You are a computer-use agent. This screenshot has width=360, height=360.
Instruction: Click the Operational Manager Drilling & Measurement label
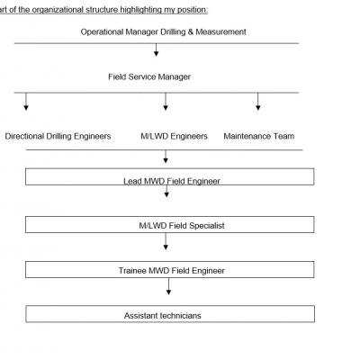pos(163,32)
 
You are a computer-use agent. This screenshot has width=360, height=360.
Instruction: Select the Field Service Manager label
pos(149,77)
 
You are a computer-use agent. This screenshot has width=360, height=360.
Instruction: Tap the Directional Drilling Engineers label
pos(58,137)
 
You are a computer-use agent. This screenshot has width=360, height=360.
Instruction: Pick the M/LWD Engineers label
pos(174,137)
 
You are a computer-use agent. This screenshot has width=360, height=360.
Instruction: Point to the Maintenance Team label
pos(259,137)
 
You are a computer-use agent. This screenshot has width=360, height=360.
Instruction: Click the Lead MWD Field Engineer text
pos(172,181)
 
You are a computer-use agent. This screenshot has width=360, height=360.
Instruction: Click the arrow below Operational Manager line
pos(156,49)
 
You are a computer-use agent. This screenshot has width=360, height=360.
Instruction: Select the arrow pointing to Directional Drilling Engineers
pos(26,102)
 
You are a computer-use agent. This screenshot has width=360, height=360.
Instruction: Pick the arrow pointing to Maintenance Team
pos(257,102)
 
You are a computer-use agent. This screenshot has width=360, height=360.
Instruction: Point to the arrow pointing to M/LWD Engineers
pos(166,102)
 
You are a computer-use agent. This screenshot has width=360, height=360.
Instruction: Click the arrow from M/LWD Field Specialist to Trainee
pos(166,241)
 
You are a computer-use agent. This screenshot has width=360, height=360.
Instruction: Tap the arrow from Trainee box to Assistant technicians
pos(168,286)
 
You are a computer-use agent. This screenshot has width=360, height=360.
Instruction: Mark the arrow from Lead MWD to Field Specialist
pos(166,191)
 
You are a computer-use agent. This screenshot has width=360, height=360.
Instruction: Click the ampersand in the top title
pos(191,31)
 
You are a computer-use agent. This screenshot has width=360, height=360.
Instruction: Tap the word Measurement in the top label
pos(220,31)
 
